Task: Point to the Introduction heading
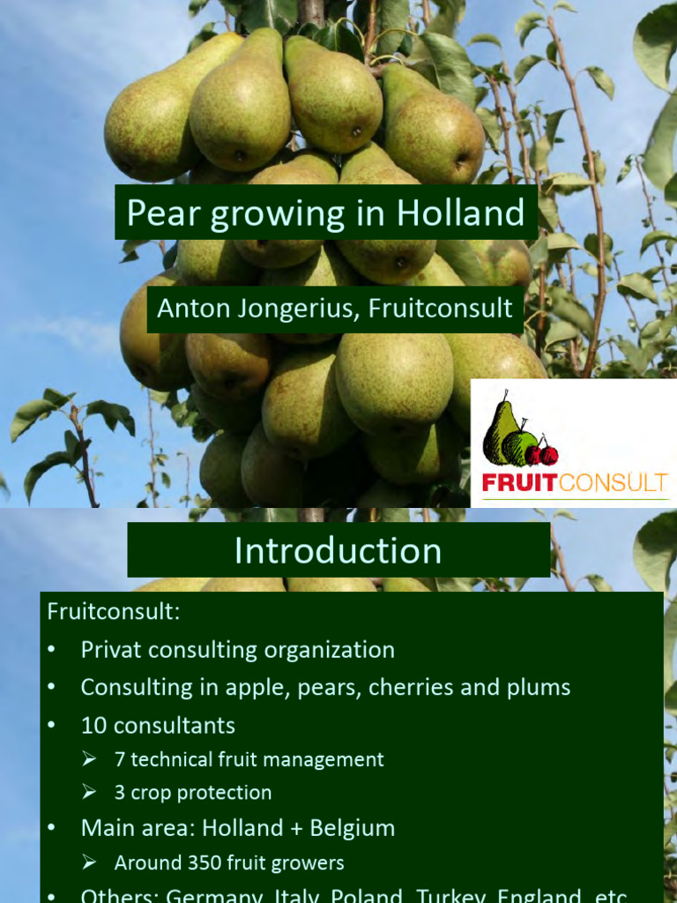point(338,550)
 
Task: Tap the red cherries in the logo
point(542,453)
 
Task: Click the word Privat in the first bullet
point(110,650)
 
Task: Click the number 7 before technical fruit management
point(120,759)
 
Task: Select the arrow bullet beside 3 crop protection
point(88,793)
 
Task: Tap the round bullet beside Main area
point(53,828)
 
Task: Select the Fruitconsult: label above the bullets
point(113,611)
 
